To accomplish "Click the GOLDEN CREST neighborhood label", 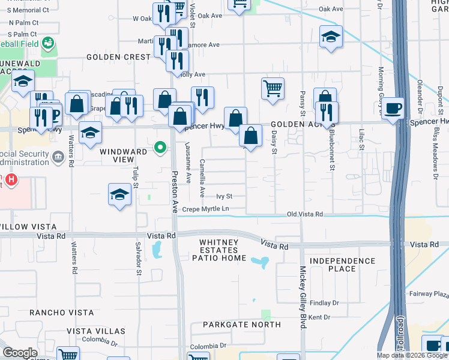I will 118,57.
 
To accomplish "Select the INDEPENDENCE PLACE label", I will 343,265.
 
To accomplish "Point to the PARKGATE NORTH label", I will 241,325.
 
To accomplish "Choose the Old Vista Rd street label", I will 305,214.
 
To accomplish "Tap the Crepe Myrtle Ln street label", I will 206,209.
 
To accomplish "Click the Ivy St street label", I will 224,196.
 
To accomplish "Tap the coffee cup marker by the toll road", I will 393,109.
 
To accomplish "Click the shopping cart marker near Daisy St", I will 273,88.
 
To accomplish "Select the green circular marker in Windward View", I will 160,147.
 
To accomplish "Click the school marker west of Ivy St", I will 120,194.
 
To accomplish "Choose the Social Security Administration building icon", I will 58,158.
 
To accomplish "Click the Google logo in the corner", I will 20,353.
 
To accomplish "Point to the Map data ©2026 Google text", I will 412,355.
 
